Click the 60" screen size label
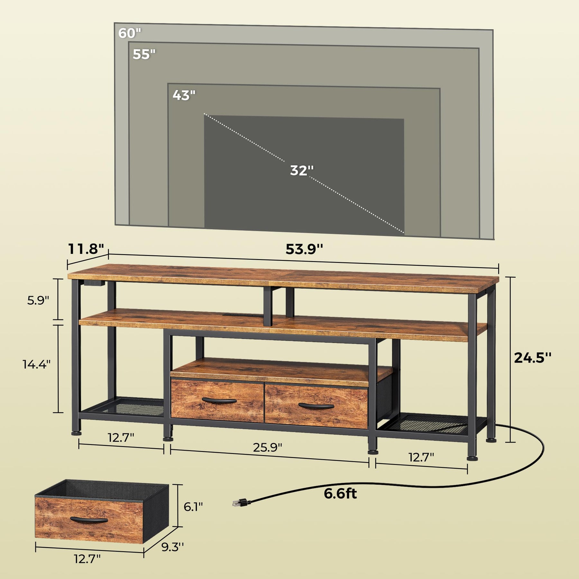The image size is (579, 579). point(130,33)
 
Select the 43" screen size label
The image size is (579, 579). point(184,95)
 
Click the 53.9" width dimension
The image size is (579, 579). point(304,249)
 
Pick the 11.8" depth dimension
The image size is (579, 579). point(86,249)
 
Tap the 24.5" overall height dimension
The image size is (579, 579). point(533,357)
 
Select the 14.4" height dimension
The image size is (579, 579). point(37,364)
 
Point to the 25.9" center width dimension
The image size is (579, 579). point(267,447)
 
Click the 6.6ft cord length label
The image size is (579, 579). point(340,493)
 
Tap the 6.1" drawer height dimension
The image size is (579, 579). point(193,507)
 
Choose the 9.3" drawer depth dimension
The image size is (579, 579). point(173,547)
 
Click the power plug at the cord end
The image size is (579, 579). point(240,502)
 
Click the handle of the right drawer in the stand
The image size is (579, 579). point(316,406)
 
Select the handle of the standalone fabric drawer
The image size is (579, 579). point(89,520)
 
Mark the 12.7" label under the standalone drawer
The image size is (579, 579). point(87,568)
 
